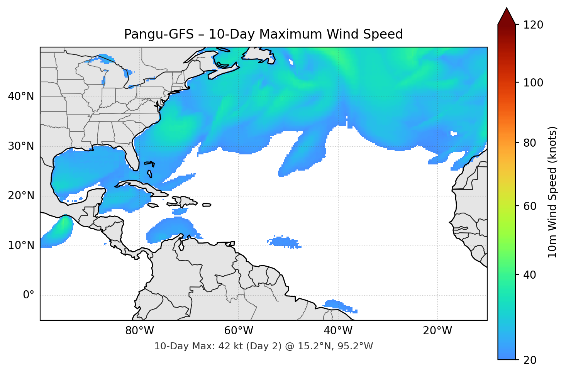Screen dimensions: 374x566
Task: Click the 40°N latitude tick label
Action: pyautogui.click(x=21, y=96)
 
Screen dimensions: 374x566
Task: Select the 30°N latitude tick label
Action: pyautogui.click(x=21, y=146)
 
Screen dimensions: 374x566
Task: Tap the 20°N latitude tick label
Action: pyautogui.click(x=21, y=196)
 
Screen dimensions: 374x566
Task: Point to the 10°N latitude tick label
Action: pyautogui.click(x=21, y=245)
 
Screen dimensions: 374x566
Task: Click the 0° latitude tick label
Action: pyautogui.click(x=29, y=295)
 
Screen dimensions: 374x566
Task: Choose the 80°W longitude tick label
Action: pyautogui.click(x=139, y=331)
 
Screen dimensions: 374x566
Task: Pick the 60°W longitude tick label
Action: pyautogui.click(x=239, y=331)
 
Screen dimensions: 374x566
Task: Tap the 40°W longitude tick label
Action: pyautogui.click(x=338, y=331)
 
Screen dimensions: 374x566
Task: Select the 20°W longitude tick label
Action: pyautogui.click(x=437, y=331)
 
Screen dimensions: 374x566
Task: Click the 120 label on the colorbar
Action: pyautogui.click(x=533, y=25)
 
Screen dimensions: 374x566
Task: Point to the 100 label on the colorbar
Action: pyautogui.click(x=533, y=83)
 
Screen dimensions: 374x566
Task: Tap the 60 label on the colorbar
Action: pyautogui.click(x=529, y=206)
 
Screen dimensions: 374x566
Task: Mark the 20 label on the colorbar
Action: pyautogui.click(x=529, y=360)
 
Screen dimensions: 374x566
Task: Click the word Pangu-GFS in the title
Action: pyautogui.click(x=159, y=34)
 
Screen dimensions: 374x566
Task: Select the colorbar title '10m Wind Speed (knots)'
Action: pyautogui.click(x=552, y=192)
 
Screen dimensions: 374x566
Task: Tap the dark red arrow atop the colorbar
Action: pyautogui.click(x=507, y=16)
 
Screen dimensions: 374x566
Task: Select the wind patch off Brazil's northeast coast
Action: pyautogui.click(x=340, y=305)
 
